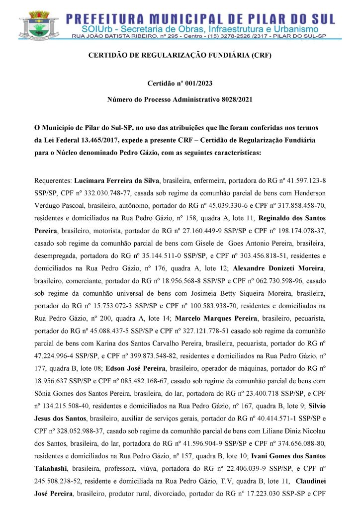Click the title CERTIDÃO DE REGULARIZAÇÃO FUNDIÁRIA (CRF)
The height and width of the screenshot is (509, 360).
(180, 56)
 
